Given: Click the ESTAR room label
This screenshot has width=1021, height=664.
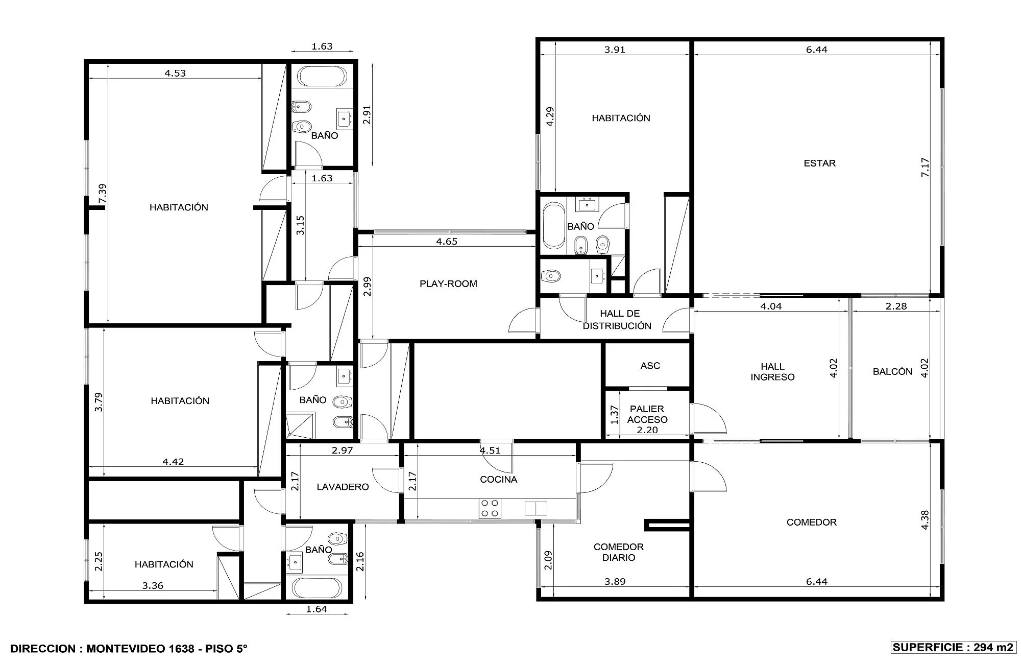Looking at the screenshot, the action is pyautogui.click(x=819, y=163).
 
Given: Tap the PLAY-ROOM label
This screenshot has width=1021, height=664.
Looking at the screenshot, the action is pyautogui.click(x=448, y=284).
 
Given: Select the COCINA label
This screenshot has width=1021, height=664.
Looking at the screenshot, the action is pyautogui.click(x=499, y=480).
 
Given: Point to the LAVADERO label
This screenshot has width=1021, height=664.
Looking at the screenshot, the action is pyautogui.click(x=343, y=487).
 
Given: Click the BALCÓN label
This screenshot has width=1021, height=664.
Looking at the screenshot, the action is pyautogui.click(x=892, y=372).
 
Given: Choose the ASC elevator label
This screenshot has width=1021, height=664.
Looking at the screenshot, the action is pyautogui.click(x=650, y=366).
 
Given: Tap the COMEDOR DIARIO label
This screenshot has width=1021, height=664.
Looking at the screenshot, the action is pyautogui.click(x=619, y=552).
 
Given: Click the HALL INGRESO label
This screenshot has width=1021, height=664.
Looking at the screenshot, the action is pyautogui.click(x=772, y=372).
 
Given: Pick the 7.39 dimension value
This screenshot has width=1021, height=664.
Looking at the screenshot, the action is pyautogui.click(x=103, y=194).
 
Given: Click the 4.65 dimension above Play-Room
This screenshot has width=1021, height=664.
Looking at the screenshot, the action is pyautogui.click(x=447, y=242).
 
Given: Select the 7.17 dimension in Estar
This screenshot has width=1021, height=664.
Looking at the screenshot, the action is pyautogui.click(x=925, y=168).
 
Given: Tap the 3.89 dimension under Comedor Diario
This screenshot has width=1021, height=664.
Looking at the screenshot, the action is pyautogui.click(x=615, y=581).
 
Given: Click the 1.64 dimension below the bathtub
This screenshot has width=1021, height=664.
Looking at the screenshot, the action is pyautogui.click(x=316, y=609).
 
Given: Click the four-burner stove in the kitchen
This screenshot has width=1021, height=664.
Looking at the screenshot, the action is pyautogui.click(x=490, y=508).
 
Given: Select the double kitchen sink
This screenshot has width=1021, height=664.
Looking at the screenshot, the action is pyautogui.click(x=536, y=509).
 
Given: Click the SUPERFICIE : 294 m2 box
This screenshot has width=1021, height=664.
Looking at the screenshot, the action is pyautogui.click(x=953, y=647).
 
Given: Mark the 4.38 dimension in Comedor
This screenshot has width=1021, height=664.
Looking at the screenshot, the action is pyautogui.click(x=925, y=520).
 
